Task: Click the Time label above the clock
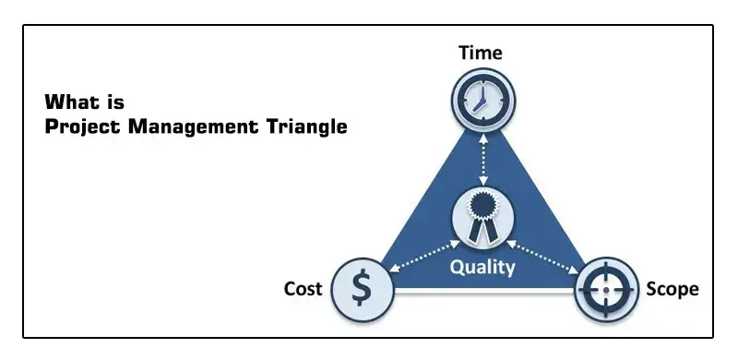tap(481, 53)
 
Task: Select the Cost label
tap(303, 289)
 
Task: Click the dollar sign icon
tap(363, 289)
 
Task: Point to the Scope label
tap(673, 289)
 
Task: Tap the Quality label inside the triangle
tap(482, 269)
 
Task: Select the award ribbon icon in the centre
tap(481, 218)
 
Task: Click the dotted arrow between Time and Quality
tap(481, 157)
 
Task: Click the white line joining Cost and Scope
tap(483, 293)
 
